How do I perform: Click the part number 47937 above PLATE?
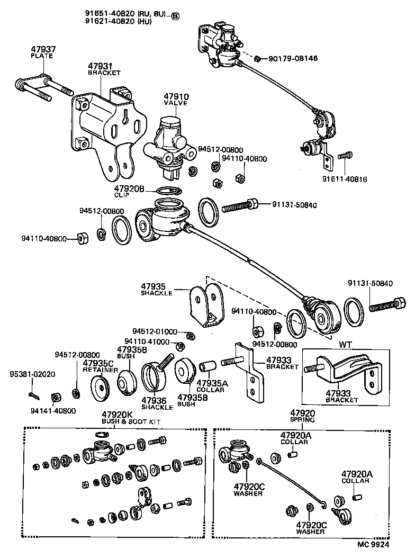[43, 49]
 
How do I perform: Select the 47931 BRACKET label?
[104, 69]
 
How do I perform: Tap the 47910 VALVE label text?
[176, 100]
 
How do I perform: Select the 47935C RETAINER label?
[98, 366]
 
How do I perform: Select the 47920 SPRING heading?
[302, 416]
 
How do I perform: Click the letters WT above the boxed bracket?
[346, 344]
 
